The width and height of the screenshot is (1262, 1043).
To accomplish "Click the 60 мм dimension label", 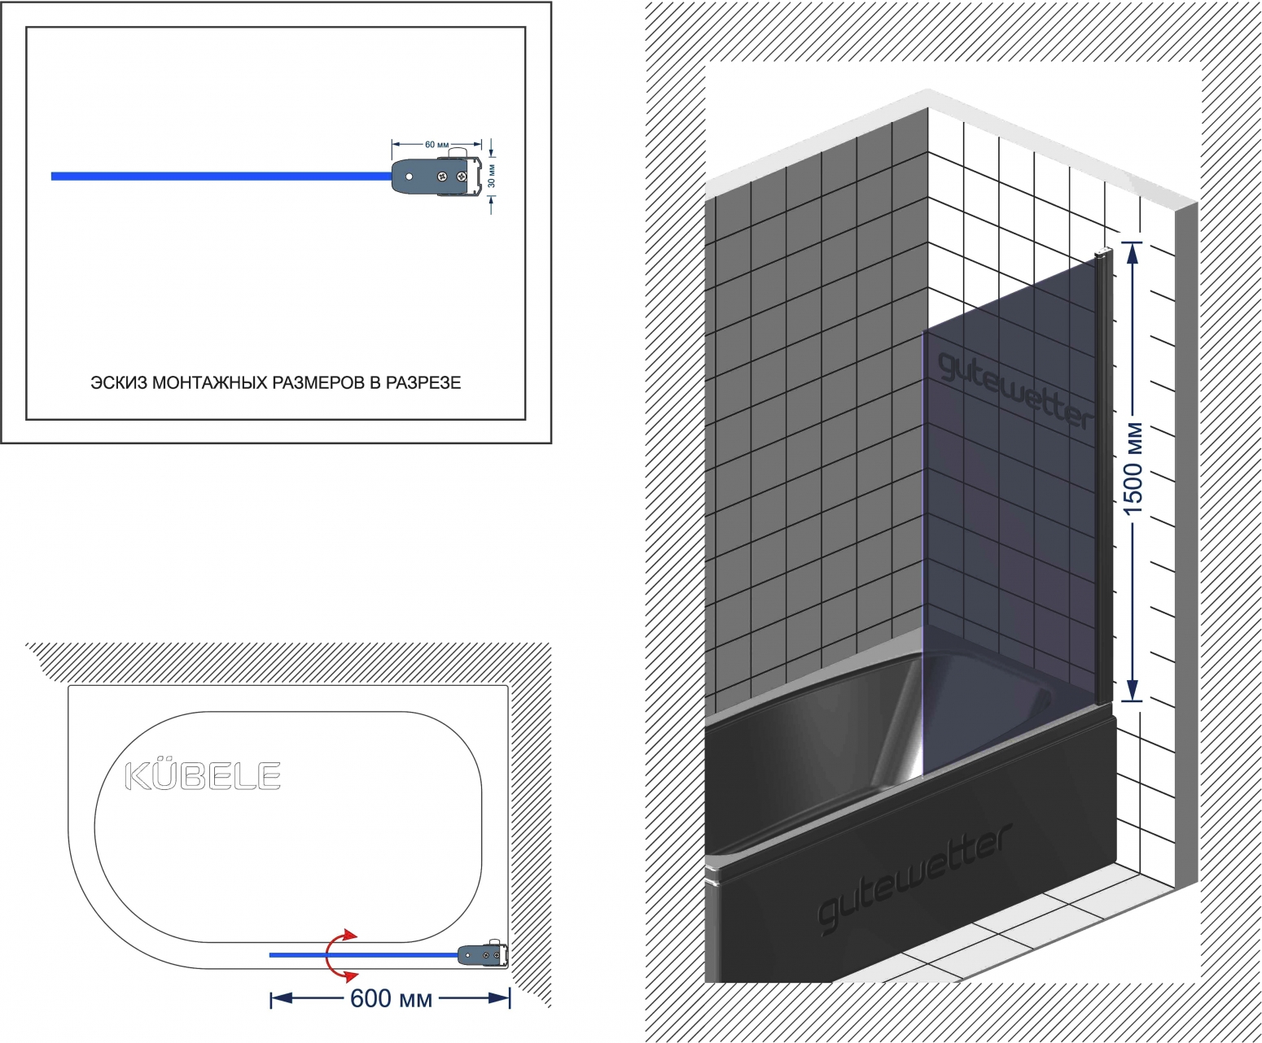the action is [x=436, y=145].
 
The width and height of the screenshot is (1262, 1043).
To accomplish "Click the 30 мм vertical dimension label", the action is [x=492, y=176].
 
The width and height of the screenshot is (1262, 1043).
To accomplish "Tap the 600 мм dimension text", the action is [x=391, y=999].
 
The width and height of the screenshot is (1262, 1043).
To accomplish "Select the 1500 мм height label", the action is [x=1133, y=469].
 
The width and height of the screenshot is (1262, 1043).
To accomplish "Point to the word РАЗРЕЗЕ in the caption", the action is [x=423, y=382].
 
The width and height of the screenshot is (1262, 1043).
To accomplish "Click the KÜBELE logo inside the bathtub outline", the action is [x=203, y=775].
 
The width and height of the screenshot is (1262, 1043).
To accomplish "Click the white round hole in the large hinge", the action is [x=410, y=177].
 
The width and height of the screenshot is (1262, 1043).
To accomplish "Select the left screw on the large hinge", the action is [x=441, y=177].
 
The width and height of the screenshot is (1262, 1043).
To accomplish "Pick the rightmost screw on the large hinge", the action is [x=463, y=177].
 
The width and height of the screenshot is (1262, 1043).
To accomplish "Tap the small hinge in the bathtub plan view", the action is [x=482, y=954].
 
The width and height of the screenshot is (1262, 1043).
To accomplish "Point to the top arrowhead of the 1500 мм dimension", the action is [x=1133, y=253].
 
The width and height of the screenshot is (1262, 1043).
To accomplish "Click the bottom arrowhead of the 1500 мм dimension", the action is [x=1133, y=689].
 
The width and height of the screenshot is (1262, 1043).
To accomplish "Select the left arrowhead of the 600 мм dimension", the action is [x=282, y=999].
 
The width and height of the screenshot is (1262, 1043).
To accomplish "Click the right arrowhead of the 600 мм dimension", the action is [x=498, y=999].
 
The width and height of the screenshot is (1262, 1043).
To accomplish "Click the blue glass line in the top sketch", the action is [x=221, y=177].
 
